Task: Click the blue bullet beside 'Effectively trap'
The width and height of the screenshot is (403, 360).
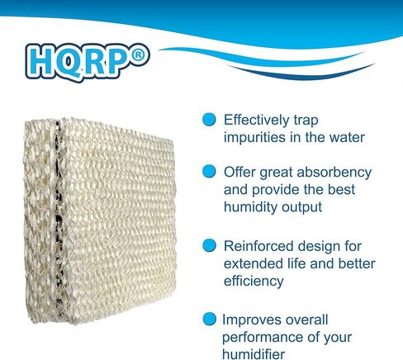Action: (x=209, y=119)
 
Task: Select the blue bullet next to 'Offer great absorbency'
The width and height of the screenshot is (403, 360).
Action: (x=209, y=172)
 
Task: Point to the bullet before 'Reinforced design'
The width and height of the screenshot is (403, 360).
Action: (x=209, y=245)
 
